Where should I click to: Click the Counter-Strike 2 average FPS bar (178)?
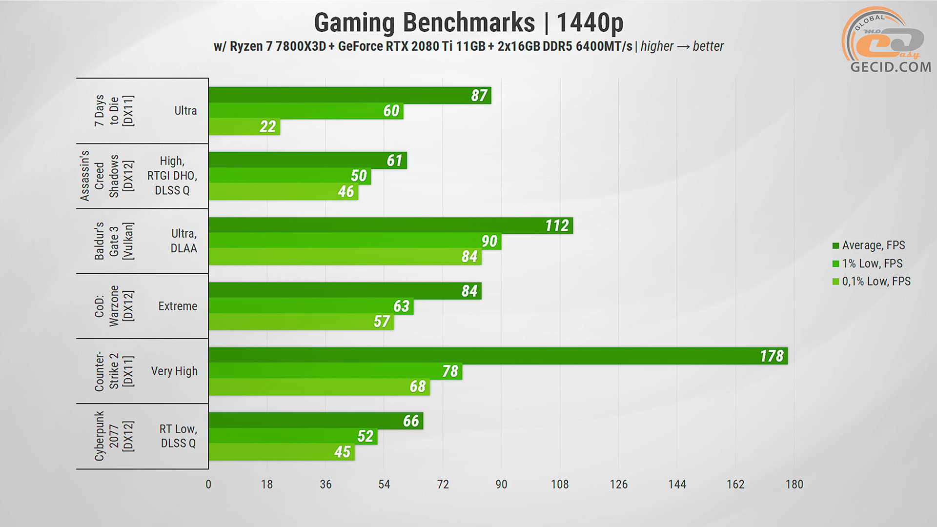click(x=498, y=356)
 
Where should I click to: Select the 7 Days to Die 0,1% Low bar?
click(x=244, y=127)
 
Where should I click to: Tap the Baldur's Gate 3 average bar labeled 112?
click(x=390, y=225)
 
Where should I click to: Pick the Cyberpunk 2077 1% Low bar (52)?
click(x=293, y=436)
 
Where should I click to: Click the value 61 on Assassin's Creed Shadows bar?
click(x=394, y=161)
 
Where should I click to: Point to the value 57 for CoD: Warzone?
click(x=382, y=322)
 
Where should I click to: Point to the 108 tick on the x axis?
click(x=560, y=485)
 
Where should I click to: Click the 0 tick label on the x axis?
click(x=208, y=485)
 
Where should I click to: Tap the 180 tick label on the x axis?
click(x=794, y=485)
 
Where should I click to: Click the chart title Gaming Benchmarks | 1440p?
click(x=468, y=22)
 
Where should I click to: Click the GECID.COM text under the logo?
click(x=891, y=67)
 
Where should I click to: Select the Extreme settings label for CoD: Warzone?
click(x=178, y=306)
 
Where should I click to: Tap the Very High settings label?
click(x=174, y=371)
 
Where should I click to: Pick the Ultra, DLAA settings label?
click(x=183, y=241)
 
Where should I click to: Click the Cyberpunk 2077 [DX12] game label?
click(x=114, y=436)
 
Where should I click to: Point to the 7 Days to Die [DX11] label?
click(x=114, y=111)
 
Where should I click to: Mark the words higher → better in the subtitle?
click(x=682, y=46)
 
